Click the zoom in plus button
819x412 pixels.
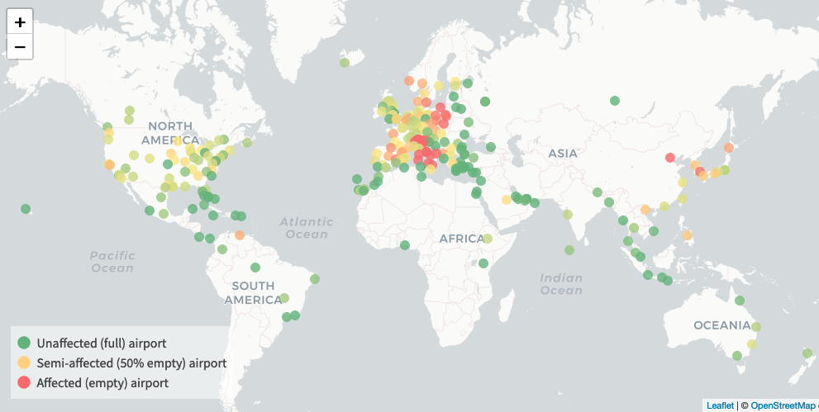[x=20, y=22]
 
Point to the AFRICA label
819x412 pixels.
[x=461, y=239]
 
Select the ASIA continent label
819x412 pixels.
[x=562, y=153]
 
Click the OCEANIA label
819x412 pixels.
[x=721, y=325]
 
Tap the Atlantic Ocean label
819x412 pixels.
[x=306, y=228]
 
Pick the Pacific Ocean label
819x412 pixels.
[x=112, y=262]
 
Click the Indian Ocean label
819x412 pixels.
[x=561, y=284]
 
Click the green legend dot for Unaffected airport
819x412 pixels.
[x=24, y=343]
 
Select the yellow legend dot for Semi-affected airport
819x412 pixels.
[x=24, y=362]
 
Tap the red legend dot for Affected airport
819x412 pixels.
[x=24, y=382]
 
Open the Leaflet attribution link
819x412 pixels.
[x=720, y=405]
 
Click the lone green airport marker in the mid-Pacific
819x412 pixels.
[x=26, y=209]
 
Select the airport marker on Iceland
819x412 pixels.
[x=345, y=63]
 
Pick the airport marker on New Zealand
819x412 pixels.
[x=807, y=353]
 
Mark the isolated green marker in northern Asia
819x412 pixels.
[x=615, y=101]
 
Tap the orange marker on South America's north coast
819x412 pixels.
[x=240, y=235]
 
